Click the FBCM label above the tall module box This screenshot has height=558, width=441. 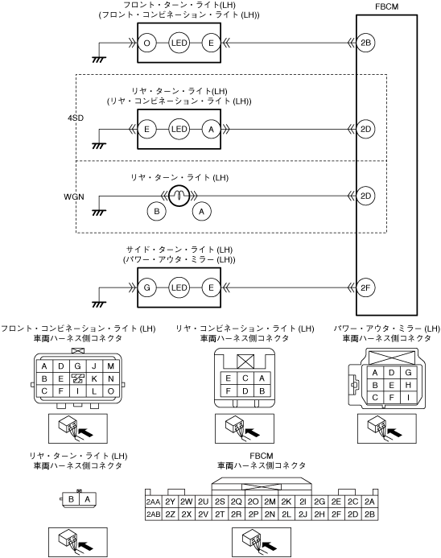(x=386, y=6)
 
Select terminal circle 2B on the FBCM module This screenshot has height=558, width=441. (x=365, y=43)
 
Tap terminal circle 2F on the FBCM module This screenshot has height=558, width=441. (x=365, y=287)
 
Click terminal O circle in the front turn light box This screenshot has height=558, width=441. (x=147, y=43)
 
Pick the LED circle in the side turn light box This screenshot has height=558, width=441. (x=179, y=287)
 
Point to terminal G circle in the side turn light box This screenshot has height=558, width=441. (x=147, y=287)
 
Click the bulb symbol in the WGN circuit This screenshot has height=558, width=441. (x=179, y=196)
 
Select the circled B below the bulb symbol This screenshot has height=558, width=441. (x=156, y=212)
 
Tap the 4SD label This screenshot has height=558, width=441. (x=76, y=118)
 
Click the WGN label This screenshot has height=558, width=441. (x=74, y=196)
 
